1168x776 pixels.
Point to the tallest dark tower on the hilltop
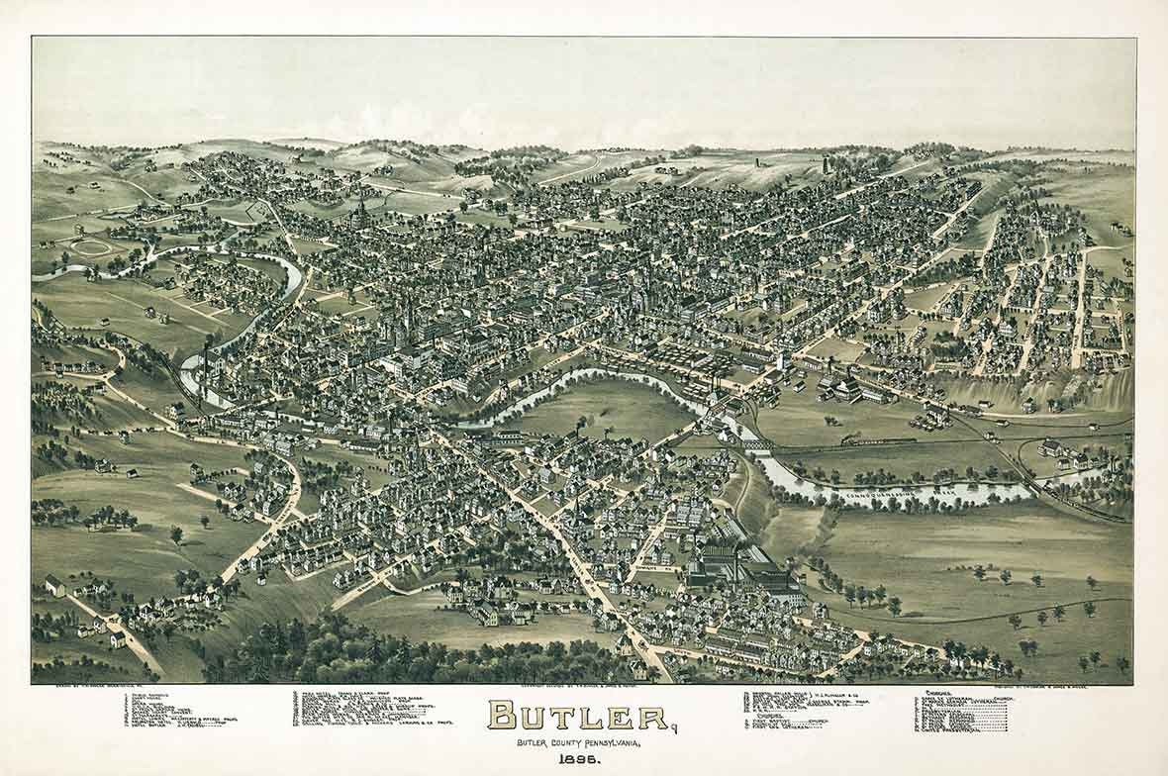point(826,163)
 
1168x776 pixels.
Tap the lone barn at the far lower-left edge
point(54,585)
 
